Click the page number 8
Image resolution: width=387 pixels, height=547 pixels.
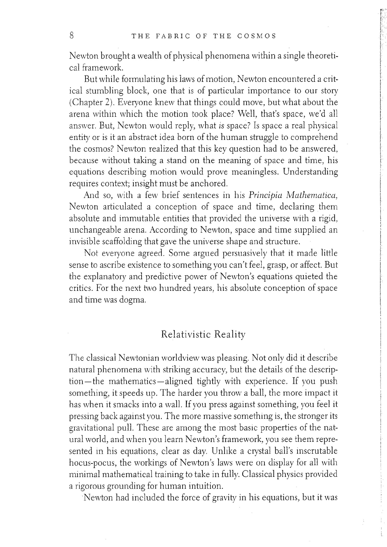(x=72, y=36)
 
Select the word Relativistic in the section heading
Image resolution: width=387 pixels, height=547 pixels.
(x=185, y=334)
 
